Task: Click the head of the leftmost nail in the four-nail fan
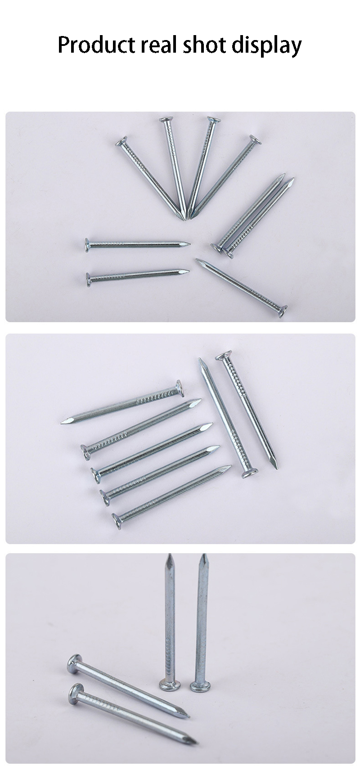tap(121, 142)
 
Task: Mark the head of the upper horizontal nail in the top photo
tap(87, 245)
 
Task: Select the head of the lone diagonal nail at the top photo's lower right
tap(283, 311)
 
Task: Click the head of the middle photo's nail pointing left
tap(180, 388)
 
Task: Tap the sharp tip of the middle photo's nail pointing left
tap(62, 423)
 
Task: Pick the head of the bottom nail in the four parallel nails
tap(117, 521)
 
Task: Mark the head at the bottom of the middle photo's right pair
tap(250, 473)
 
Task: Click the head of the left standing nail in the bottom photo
tap(169, 684)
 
